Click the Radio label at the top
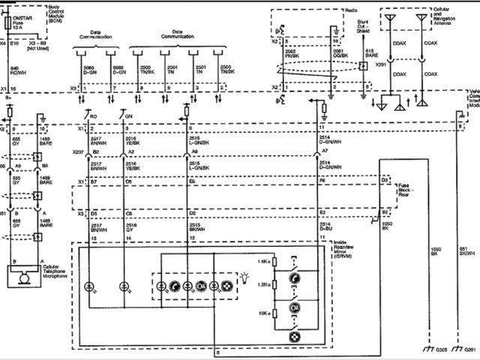[352, 10]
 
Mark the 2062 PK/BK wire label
[292, 53]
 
